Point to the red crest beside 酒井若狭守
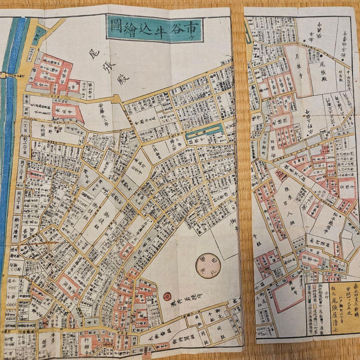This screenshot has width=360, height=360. click(x=167, y=296)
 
